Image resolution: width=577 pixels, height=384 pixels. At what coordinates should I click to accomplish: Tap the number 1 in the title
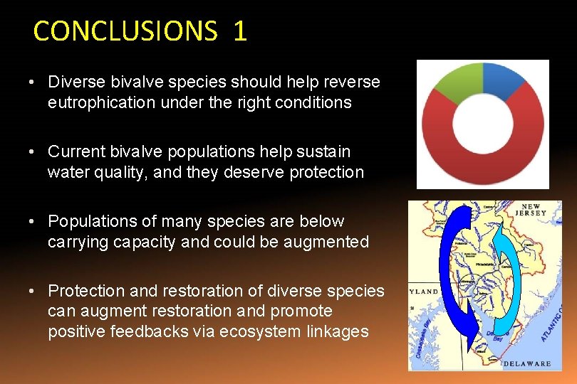pyautogui.click(x=239, y=31)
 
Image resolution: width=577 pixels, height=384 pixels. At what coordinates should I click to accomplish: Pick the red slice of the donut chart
pyautogui.click(x=484, y=160)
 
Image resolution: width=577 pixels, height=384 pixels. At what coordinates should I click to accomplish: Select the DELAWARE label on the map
pyautogui.click(x=527, y=363)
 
